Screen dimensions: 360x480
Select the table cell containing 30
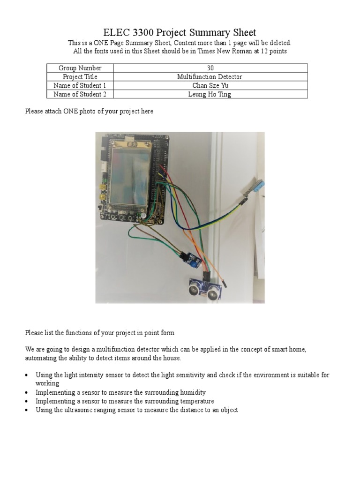coord(210,68)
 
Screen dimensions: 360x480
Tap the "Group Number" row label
coord(80,68)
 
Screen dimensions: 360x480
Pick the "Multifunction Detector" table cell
coord(210,77)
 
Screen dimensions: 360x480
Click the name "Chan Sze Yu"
coord(210,85)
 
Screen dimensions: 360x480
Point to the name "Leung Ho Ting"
coord(210,94)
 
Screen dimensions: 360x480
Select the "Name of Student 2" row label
coord(80,94)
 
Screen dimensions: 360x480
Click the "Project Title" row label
coord(80,77)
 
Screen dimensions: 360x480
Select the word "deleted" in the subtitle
coord(280,43)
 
